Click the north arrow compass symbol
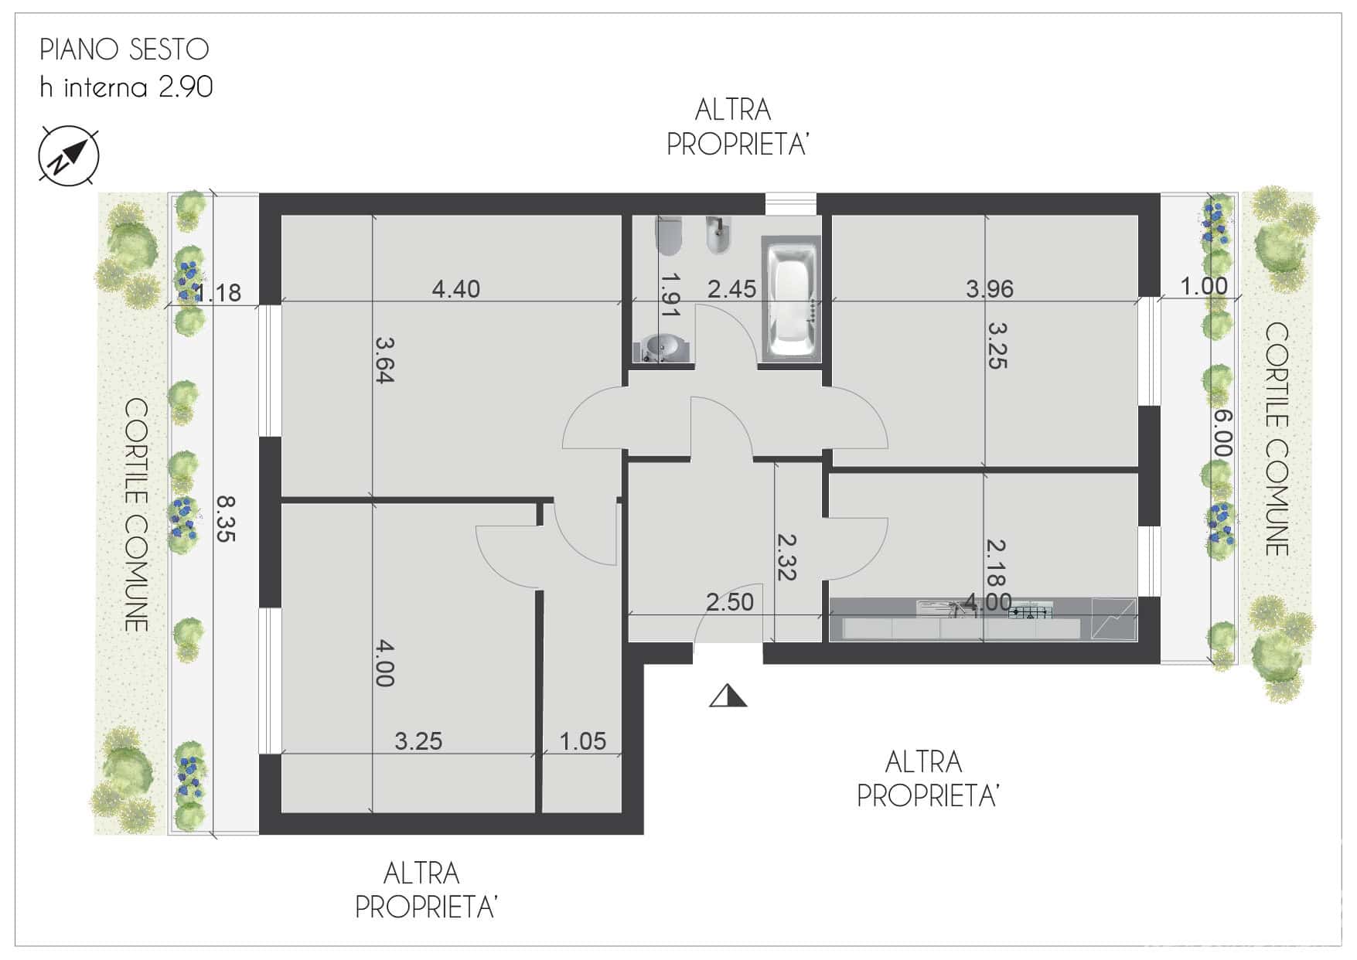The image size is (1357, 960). (x=69, y=155)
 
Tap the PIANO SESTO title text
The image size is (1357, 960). (x=124, y=49)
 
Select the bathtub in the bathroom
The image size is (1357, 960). (x=790, y=299)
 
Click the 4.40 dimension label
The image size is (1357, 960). (x=455, y=289)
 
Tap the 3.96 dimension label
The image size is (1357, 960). (x=989, y=288)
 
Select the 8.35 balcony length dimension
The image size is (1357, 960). (x=226, y=519)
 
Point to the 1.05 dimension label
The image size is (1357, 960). (x=582, y=741)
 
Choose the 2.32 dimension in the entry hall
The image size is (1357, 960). (x=786, y=557)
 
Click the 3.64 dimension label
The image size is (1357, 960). (x=385, y=359)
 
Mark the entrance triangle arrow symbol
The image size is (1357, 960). (x=728, y=696)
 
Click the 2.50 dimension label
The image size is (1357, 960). (x=729, y=601)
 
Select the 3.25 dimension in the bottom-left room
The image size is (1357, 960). (x=418, y=741)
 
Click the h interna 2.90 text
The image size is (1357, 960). (x=127, y=87)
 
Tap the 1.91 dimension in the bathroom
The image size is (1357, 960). (x=670, y=294)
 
